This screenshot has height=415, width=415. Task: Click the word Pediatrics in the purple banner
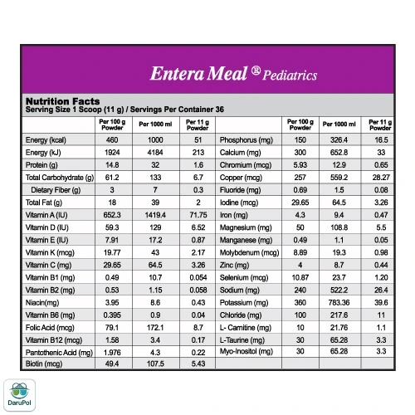click(x=290, y=76)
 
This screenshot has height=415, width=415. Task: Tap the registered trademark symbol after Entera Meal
click(x=256, y=71)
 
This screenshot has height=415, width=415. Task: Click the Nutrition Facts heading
click(x=62, y=101)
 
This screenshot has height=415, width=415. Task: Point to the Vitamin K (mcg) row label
click(x=50, y=253)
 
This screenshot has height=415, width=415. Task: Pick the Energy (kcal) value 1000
click(x=155, y=140)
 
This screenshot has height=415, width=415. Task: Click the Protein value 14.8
click(x=112, y=165)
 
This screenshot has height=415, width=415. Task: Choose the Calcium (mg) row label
click(x=240, y=153)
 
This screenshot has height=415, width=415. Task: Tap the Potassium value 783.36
click(x=339, y=303)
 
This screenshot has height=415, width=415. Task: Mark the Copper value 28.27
click(x=381, y=178)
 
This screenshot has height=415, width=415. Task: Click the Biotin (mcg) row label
click(x=44, y=364)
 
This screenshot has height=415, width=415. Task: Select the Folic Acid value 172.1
click(x=155, y=328)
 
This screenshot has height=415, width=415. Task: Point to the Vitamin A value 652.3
click(x=112, y=215)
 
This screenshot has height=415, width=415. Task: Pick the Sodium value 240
click(x=300, y=290)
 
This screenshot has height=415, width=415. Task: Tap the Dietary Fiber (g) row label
click(x=56, y=190)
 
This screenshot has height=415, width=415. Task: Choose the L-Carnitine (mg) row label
click(x=246, y=328)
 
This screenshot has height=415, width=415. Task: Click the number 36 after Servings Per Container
click(x=220, y=110)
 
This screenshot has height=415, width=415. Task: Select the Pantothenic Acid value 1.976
click(x=112, y=353)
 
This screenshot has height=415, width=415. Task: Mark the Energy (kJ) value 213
click(x=198, y=153)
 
